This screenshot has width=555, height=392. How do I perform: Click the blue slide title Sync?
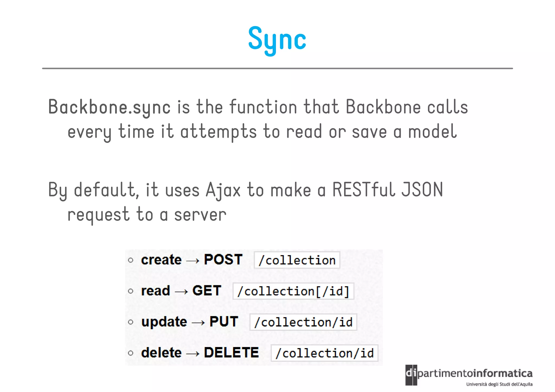(277, 39)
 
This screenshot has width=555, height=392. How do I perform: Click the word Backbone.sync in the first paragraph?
(109, 107)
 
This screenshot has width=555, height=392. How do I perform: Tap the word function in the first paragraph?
(263, 107)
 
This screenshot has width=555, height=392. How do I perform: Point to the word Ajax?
(223, 190)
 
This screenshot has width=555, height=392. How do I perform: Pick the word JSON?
(422, 189)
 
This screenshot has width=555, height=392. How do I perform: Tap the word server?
(200, 215)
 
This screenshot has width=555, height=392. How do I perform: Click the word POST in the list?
(223, 260)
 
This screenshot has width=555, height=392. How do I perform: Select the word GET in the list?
(207, 291)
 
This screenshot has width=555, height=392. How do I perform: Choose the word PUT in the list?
(224, 322)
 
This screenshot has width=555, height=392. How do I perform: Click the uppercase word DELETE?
(231, 353)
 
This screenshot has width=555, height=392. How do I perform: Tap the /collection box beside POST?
(297, 260)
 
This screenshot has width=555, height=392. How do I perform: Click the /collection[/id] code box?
(293, 291)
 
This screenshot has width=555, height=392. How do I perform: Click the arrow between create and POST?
(193, 261)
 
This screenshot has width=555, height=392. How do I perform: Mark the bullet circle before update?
(131, 322)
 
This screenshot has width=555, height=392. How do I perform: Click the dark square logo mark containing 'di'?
(411, 375)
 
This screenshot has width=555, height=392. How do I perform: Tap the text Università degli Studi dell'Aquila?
(499, 384)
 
